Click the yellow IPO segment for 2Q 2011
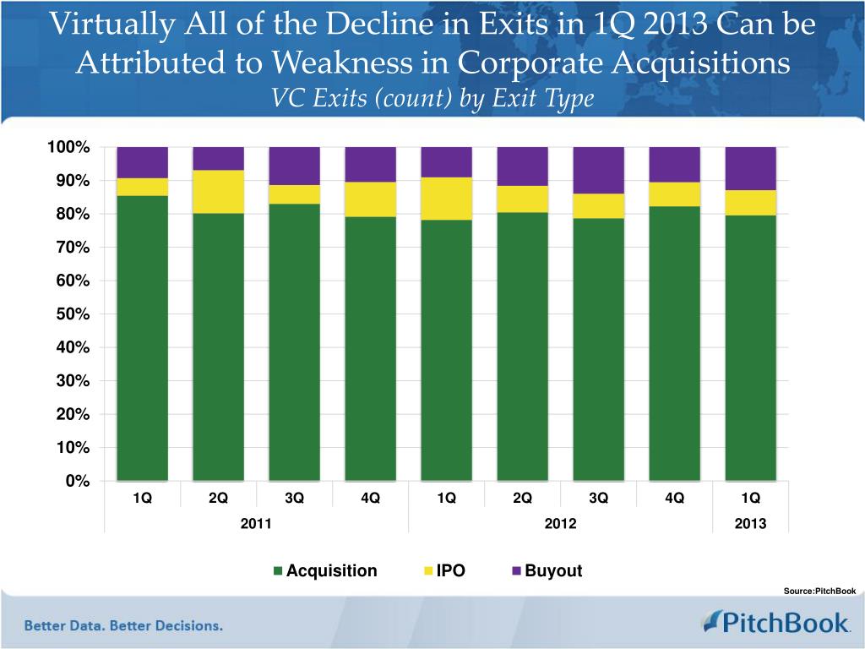218,191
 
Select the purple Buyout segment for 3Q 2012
598,170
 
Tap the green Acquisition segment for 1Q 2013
750,347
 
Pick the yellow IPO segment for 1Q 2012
446,199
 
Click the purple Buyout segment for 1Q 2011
142,162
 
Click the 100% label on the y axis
68,148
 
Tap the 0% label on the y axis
79,481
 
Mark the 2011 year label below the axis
256,524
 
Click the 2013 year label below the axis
750,524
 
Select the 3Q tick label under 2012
598,498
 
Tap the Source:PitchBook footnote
819,591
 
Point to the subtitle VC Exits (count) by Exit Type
432,99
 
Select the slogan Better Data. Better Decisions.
123,626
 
